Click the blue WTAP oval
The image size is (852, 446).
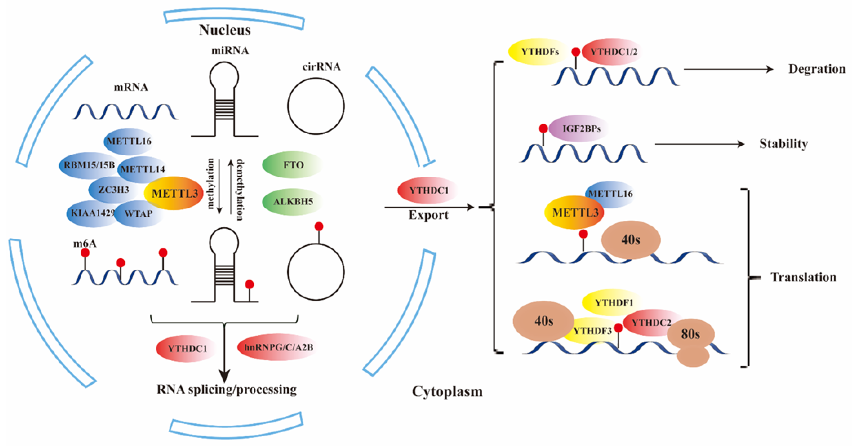pos(139,214)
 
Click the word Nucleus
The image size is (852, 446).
pos(225,30)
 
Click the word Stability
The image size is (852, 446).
pos(783,144)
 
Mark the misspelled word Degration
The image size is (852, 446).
pos(816,69)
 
